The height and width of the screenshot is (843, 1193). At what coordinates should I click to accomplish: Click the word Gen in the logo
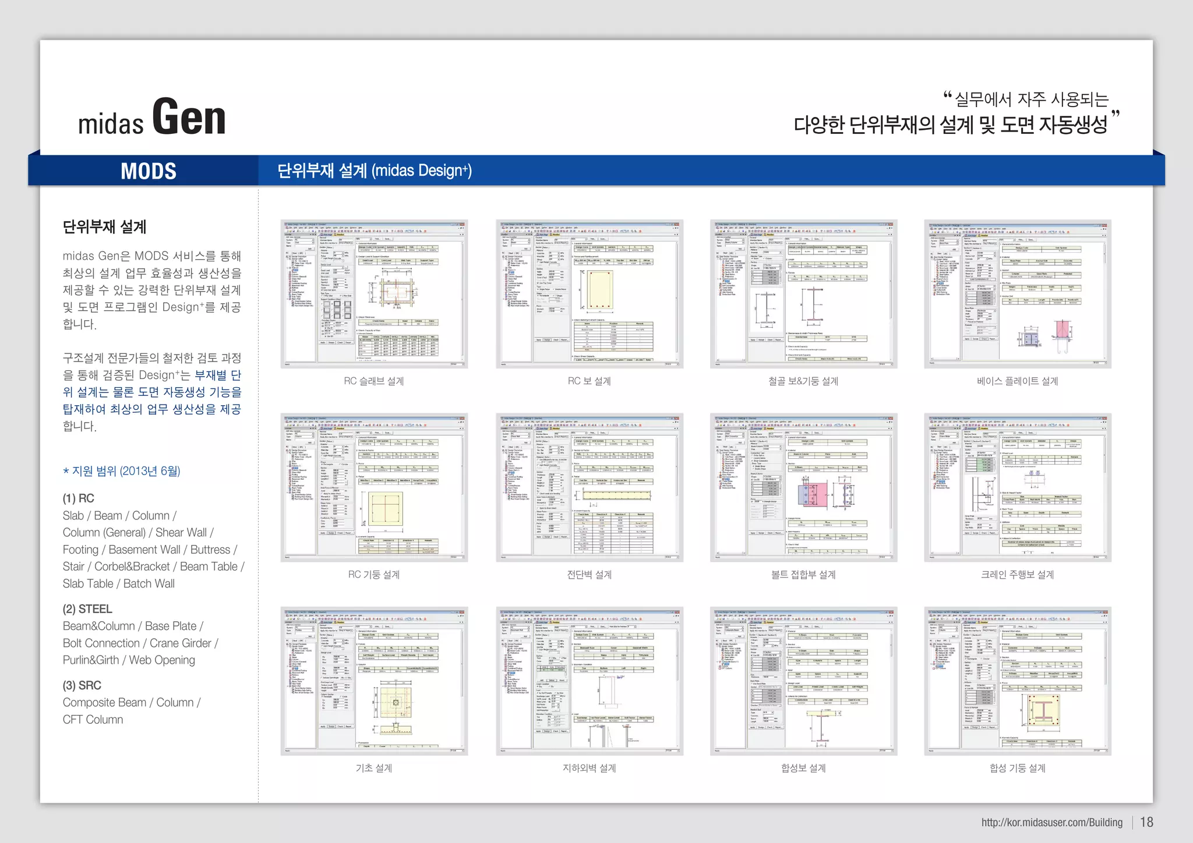pos(189,118)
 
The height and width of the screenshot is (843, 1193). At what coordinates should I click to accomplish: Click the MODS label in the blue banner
pos(149,171)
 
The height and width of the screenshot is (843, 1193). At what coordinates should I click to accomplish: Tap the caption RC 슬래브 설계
pos(373,381)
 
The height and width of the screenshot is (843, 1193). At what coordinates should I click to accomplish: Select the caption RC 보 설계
pos(589,381)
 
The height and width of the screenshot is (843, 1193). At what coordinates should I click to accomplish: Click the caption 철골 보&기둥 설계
pos(803,381)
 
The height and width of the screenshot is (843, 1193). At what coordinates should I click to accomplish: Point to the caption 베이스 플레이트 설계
pos(1017,381)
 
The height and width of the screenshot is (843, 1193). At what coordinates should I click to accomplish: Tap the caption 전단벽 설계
pos(589,575)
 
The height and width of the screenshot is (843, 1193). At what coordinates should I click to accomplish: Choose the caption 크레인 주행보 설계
pos(1017,575)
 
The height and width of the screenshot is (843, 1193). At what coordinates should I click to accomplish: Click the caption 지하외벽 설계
pos(589,768)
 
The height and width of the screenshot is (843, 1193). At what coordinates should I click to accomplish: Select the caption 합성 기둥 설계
pos(1017,768)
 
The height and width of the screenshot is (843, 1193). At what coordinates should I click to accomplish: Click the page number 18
pos(1146,822)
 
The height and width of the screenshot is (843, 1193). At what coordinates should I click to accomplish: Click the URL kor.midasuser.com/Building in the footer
pos(1051,823)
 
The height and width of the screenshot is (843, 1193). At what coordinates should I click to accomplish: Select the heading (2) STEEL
pos(87,609)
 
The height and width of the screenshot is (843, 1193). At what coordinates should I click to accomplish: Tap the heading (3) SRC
pos(82,685)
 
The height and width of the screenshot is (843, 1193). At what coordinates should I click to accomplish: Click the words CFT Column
pos(93,720)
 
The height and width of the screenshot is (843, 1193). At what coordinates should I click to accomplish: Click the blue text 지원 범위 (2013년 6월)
pos(125,471)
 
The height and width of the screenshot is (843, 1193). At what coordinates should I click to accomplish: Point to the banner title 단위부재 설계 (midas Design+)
pos(374,171)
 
